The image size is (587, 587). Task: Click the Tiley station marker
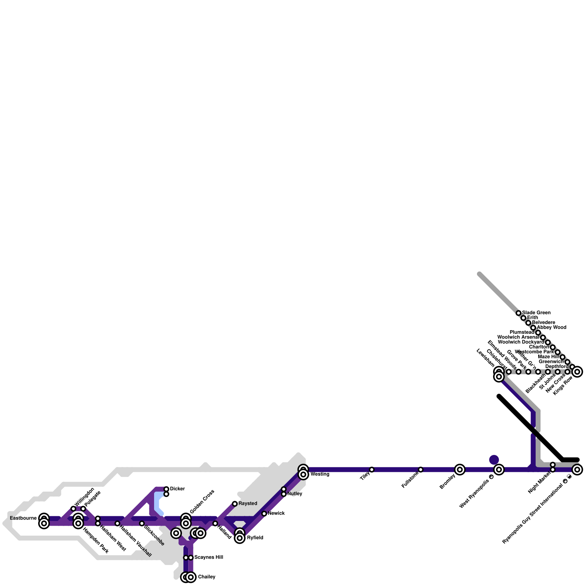pos(372,470)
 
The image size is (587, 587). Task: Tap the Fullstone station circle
pos(420,470)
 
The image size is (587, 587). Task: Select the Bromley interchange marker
pos(460,469)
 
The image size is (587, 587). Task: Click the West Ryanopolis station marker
pos(499,469)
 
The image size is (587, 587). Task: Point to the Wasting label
pos(320,474)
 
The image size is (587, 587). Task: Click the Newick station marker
pos(264,514)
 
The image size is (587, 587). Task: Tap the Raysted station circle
pos(235,504)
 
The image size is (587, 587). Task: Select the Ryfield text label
pos(255,538)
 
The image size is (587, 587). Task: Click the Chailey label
pos(207,577)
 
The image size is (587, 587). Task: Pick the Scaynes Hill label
pos(208,557)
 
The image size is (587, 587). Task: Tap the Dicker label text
pos(177,489)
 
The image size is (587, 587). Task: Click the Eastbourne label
pos(23,518)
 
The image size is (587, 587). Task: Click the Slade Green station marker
pos(518,313)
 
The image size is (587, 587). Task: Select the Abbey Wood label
pos(551,327)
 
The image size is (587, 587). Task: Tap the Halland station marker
pos(215,524)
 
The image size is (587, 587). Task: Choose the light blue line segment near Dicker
pos(157,503)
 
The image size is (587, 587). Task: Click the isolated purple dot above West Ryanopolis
pos(494,460)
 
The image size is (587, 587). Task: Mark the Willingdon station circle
pos(73,508)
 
